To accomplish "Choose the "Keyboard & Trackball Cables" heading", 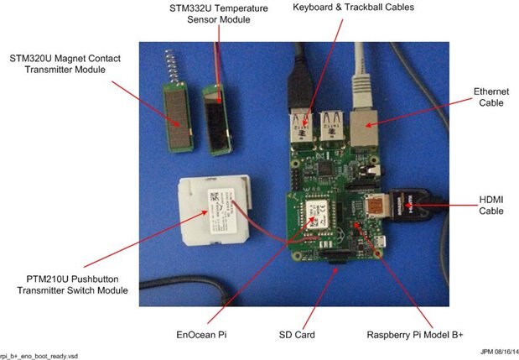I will pos(365,8).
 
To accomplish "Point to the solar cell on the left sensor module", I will pos(176,124).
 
